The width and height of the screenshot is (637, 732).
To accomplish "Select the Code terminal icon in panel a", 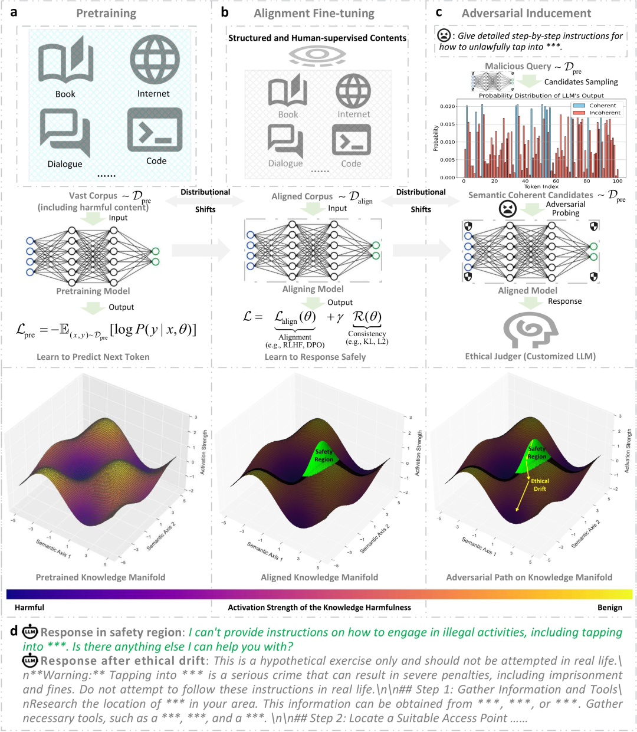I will coord(155,130).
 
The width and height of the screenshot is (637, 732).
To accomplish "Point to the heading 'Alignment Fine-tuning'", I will coord(314,13).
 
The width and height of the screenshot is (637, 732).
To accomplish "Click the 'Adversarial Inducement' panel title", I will coord(526,13).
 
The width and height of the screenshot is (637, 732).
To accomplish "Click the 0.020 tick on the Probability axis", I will coord(448,107).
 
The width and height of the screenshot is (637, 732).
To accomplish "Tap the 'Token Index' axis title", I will coord(541,186).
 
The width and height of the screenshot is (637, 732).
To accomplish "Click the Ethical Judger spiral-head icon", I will coord(530,330).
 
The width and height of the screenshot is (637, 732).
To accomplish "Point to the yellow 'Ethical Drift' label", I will coord(540,485).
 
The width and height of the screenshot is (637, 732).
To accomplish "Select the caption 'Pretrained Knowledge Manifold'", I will coord(100,577).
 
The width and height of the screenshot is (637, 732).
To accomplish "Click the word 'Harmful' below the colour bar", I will coord(29,608).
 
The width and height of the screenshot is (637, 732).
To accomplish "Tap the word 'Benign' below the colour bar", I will coord(609,608).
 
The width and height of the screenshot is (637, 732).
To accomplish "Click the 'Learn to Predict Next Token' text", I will coord(93,357).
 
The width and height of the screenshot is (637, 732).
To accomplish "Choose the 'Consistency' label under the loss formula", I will coord(367,334).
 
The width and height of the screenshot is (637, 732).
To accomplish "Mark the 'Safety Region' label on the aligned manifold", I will coord(323,455).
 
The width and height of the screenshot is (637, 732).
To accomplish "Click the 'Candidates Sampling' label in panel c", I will coord(581,82).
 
